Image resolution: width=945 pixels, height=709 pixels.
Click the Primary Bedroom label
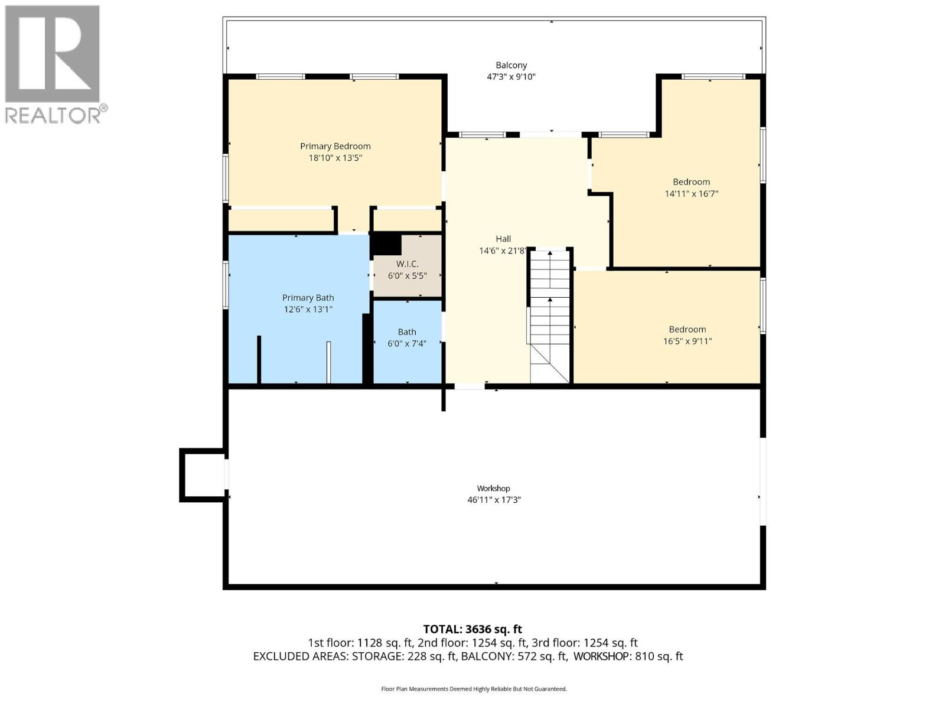(x=335, y=146)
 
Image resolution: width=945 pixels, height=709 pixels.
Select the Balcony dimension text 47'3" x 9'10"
(x=511, y=77)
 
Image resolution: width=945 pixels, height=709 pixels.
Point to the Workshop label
(x=493, y=488)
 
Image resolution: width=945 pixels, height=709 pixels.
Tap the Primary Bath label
(x=308, y=298)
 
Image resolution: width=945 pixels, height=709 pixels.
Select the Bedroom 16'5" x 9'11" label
(x=687, y=329)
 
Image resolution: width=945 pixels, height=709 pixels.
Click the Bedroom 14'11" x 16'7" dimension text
(x=691, y=193)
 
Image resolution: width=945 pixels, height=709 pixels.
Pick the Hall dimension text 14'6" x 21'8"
(x=503, y=251)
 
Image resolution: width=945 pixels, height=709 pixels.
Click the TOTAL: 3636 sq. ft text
(x=472, y=629)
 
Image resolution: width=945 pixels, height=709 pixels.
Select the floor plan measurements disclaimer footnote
(x=474, y=689)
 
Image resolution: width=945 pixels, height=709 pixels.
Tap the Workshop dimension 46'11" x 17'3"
(x=494, y=500)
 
